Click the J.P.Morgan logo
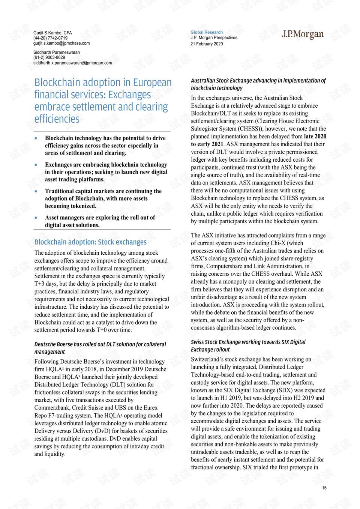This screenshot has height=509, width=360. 302,35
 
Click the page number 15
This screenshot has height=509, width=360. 324,488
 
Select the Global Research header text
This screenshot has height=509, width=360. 206,32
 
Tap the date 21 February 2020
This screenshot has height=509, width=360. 206,44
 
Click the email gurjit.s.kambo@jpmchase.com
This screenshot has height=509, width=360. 61,43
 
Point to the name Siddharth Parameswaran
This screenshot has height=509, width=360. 56,53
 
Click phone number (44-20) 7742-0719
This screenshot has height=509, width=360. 50,38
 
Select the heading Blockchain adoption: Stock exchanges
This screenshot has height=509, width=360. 90,242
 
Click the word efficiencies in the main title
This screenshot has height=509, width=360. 57,119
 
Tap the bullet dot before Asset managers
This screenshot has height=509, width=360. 36,218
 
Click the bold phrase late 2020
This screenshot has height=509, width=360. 315,137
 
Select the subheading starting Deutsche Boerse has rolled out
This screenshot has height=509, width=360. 100,348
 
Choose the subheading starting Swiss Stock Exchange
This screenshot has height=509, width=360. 248,345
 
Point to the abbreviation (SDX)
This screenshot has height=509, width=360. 285,390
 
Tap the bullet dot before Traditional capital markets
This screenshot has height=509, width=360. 36,191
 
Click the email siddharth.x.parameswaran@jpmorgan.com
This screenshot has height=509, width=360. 72,63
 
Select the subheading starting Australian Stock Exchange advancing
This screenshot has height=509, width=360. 258,84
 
